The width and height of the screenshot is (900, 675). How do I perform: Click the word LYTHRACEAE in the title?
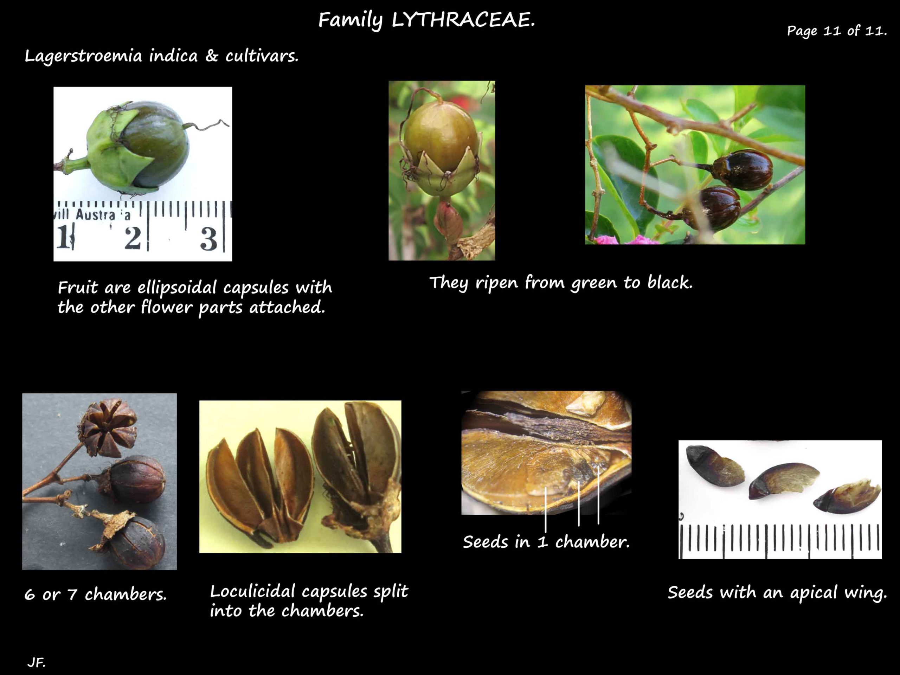(x=463, y=20)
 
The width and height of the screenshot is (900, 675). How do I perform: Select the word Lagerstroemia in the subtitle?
(x=83, y=56)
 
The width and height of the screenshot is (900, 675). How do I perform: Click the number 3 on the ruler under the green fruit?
(x=208, y=239)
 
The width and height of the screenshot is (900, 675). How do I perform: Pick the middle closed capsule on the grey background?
(x=135, y=479)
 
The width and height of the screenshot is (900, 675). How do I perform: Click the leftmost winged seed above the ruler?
(x=714, y=466)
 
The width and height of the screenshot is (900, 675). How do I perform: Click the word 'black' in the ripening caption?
(x=670, y=282)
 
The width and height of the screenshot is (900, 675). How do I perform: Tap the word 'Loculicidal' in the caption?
(x=252, y=591)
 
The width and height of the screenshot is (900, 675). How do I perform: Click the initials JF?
(x=36, y=663)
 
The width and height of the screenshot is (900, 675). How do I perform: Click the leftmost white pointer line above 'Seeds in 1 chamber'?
(x=546, y=510)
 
